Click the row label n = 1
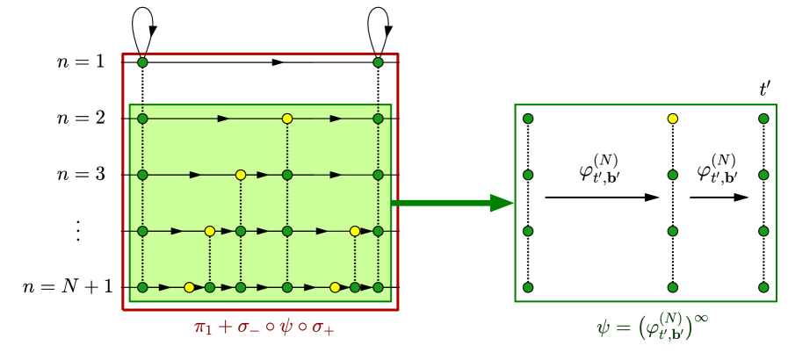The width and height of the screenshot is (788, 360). coord(80,62)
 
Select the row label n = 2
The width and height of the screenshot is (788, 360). coord(80,118)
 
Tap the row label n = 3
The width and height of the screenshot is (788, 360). coord(80,174)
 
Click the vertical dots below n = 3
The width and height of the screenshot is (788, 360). coord(77,230)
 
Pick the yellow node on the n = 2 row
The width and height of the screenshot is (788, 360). coord(286,118)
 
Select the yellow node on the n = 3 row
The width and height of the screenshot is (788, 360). coord(240,174)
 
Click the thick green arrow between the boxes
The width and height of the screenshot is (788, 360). coord(452,204)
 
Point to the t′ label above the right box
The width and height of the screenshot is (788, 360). coord(765,90)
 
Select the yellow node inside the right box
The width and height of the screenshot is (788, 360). coord(672,118)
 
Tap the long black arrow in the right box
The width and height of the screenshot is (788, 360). coord(602,198)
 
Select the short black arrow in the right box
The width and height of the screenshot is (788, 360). coord(719,198)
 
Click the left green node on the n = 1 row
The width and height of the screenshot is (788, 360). coord(143,62)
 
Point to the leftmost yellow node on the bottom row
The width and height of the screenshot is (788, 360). coord(189,287)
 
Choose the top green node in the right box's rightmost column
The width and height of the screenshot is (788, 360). coord(763,118)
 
